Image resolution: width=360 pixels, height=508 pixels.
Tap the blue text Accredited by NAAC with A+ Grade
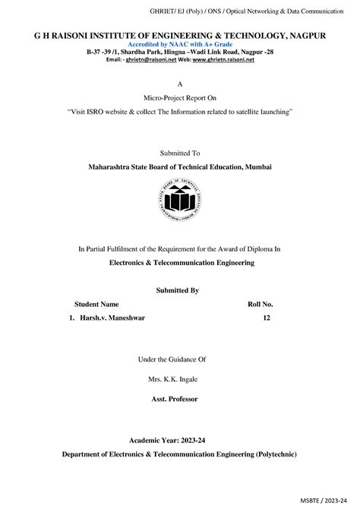click(x=179, y=44)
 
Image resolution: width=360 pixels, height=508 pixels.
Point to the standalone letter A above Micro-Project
click(x=179, y=84)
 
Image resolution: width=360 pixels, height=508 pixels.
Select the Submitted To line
click(x=179, y=153)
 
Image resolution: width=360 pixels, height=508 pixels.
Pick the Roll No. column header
click(x=261, y=304)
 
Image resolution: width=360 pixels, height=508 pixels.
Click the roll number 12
click(x=267, y=318)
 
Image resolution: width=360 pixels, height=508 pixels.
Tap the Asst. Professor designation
click(x=180, y=396)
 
